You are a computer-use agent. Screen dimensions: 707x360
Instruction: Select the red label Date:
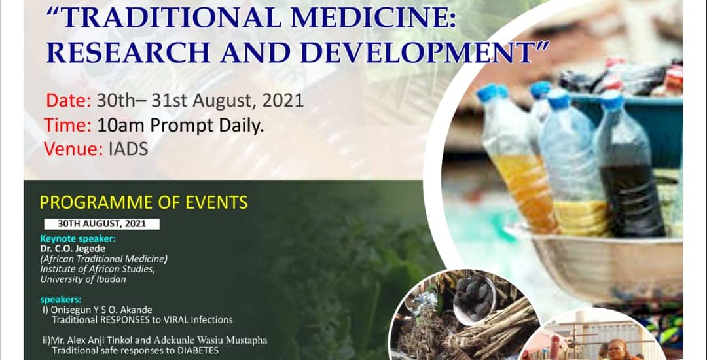pos(69,101)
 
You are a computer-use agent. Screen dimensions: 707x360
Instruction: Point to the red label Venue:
pos(73,149)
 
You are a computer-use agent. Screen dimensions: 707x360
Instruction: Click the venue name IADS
pos(128,150)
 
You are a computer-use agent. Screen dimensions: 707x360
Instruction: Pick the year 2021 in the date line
pos(283,101)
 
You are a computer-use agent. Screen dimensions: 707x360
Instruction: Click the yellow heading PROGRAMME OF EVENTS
pos(144,203)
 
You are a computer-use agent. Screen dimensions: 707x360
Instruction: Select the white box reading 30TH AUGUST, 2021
pos(102,224)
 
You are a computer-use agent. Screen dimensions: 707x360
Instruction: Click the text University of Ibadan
pos(83,279)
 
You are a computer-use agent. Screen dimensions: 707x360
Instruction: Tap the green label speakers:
pos(56,300)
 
